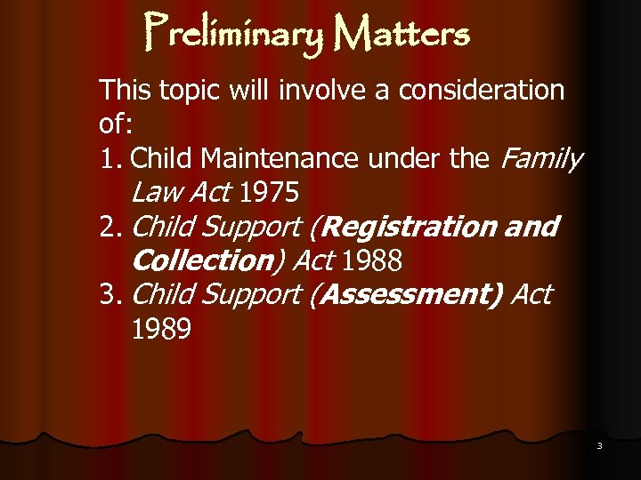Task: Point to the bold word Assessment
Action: coord(409,294)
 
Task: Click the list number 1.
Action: coord(110,159)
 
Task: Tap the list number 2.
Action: coord(110,228)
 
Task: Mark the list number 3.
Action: coord(110,295)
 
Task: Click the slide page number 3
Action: coord(599,445)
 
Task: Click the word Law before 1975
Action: coord(154,193)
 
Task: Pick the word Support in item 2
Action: coord(252,228)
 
